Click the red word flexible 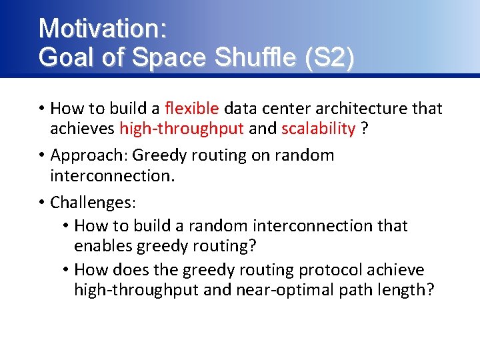coord(191,108)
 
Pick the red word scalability coord(318,128)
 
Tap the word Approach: coord(89,155)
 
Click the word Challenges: coord(93,202)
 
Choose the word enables coord(103,246)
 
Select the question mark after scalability coord(364,128)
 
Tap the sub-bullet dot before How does coord(66,270)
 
